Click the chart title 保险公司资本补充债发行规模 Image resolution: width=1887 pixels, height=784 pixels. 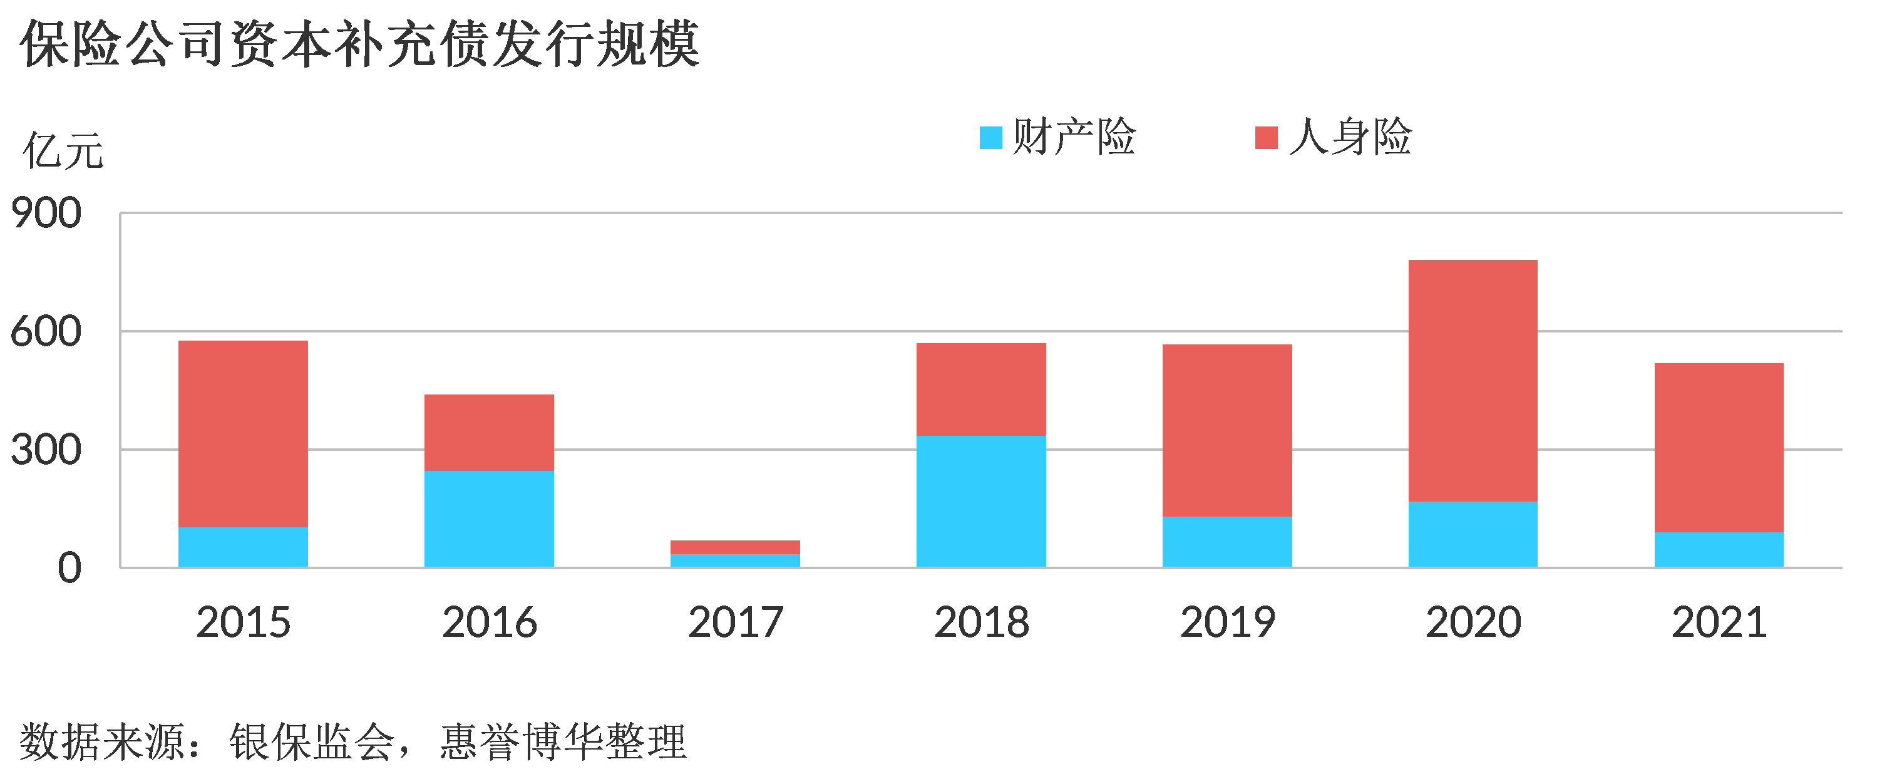click(x=359, y=44)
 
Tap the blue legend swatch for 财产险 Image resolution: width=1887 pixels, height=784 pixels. click(x=990, y=138)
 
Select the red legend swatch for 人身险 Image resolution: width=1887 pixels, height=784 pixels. click(x=1266, y=138)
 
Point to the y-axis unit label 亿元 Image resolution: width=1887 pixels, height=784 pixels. click(x=63, y=151)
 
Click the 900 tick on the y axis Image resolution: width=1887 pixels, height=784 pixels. click(x=46, y=214)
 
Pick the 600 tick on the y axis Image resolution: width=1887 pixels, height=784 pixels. click(x=46, y=332)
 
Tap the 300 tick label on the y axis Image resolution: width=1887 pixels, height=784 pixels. click(x=46, y=450)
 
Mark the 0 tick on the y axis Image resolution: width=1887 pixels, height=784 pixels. click(x=69, y=569)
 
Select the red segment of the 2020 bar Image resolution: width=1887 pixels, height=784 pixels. click(x=1473, y=381)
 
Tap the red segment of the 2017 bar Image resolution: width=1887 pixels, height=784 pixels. click(x=736, y=547)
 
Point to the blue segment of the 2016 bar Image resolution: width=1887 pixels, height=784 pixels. click(x=490, y=518)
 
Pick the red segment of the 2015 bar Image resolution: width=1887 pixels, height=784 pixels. click(x=243, y=435)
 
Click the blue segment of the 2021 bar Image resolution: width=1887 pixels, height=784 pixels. click(x=1719, y=550)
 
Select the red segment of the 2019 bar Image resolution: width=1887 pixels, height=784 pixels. click(x=1227, y=431)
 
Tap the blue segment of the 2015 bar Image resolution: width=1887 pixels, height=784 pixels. click(x=243, y=547)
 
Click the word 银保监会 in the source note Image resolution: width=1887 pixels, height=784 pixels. click(x=312, y=741)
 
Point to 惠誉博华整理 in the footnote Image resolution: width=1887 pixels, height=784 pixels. click(x=563, y=741)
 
